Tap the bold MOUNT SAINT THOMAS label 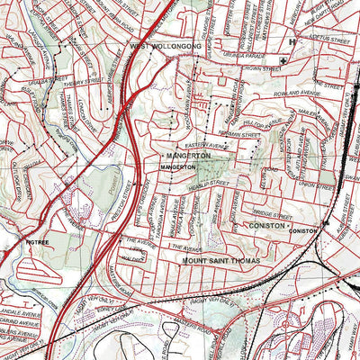pyautogui.click(x=220, y=261)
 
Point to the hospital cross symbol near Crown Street pyautogui.click(x=284, y=60)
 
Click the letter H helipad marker pyautogui.click(x=292, y=41)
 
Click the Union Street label pyautogui.click(x=301, y=186)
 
